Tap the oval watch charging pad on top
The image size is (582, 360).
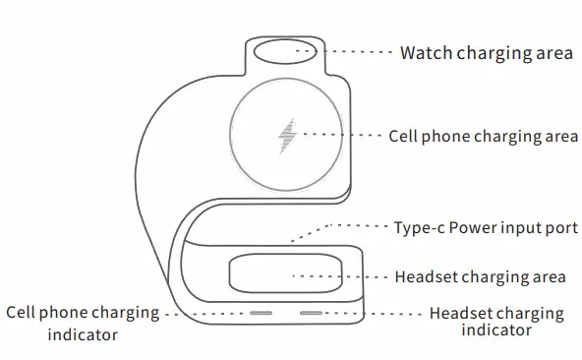[x=283, y=51]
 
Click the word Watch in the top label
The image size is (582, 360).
[x=425, y=52]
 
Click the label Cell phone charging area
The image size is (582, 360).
[x=483, y=136]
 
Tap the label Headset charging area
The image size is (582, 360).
[x=480, y=276]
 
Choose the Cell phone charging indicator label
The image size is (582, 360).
[x=83, y=324]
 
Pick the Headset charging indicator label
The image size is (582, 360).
[x=496, y=322]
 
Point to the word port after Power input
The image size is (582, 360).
[x=562, y=229]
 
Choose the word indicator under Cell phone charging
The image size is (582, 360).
[x=83, y=334]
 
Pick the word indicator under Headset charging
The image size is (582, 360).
[x=496, y=331]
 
